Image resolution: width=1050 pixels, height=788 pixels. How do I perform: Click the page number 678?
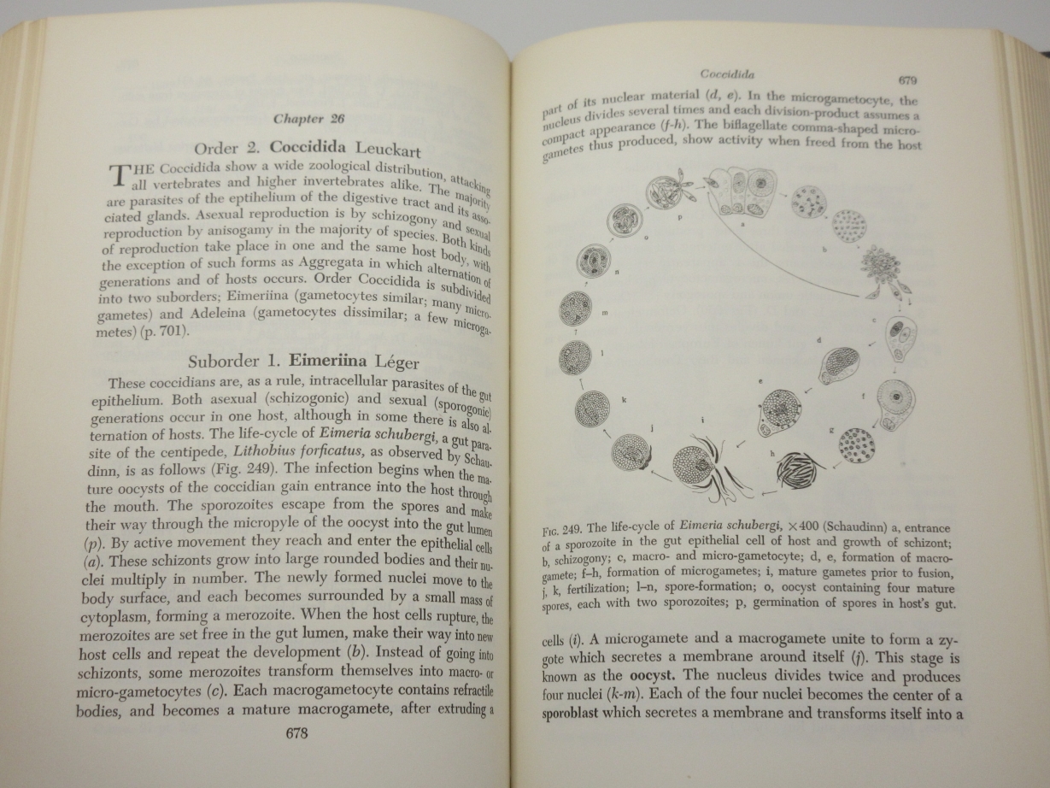pos(290,733)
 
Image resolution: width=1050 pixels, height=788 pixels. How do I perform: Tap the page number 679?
pos(908,81)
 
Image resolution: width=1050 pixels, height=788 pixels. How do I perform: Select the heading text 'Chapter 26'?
pos(308,118)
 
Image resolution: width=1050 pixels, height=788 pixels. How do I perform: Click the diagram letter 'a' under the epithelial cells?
pos(743,222)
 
